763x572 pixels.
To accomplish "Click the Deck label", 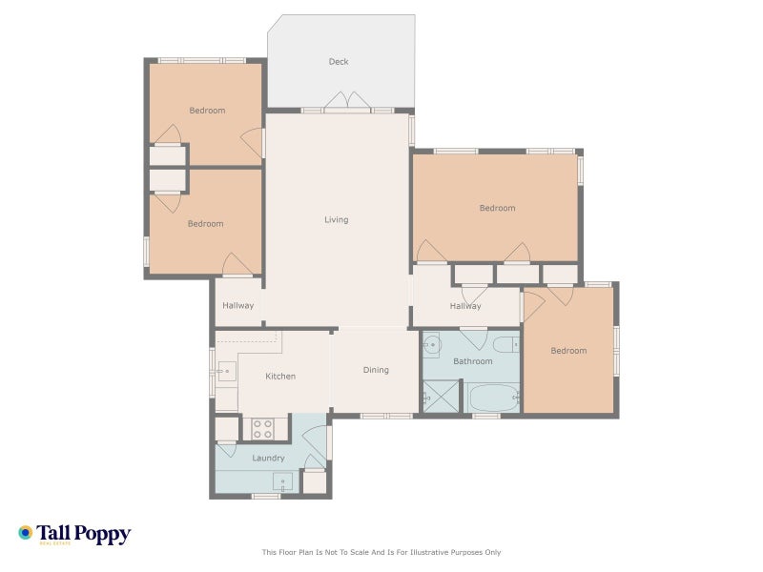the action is tap(339, 62).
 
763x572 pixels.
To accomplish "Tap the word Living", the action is tap(337, 220).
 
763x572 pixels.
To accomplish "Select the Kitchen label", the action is tap(280, 376).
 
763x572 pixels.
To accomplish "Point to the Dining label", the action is tap(376, 370).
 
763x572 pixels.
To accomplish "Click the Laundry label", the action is tap(268, 459).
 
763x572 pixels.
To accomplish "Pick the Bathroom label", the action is tap(472, 361).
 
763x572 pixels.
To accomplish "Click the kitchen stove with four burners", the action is tap(262, 428).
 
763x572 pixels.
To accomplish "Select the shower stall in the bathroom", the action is tap(441, 397).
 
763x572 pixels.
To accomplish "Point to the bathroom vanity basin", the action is tap(432, 345).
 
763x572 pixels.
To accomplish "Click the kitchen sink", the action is tap(226, 372).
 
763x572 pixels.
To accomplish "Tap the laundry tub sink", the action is tap(282, 483).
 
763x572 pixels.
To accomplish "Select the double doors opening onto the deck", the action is tap(347, 101).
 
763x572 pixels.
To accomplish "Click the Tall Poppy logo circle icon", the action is tap(26, 533).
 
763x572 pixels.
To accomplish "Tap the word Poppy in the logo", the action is tap(102, 535).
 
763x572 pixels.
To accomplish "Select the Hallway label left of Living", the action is tap(237, 305).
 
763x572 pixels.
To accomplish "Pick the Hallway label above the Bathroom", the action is tap(465, 306).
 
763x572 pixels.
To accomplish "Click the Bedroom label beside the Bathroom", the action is tap(568, 351).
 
